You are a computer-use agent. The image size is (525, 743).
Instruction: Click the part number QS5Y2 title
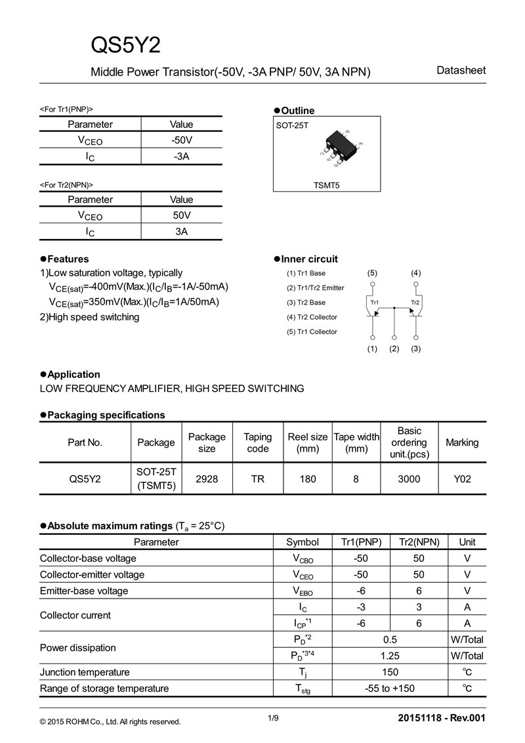point(125,45)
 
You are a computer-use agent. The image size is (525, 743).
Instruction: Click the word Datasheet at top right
point(461,70)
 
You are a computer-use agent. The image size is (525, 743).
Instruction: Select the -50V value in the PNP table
point(181,140)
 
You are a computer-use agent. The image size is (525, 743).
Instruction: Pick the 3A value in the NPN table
point(181,232)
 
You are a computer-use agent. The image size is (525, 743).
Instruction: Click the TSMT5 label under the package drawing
point(326,186)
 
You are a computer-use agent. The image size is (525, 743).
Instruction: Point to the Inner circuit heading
point(309,259)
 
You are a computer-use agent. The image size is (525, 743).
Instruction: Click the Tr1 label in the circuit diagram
point(375,302)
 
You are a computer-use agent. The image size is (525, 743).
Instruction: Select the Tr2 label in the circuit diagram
point(415,302)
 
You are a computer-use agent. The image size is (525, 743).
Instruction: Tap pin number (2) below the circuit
point(394,349)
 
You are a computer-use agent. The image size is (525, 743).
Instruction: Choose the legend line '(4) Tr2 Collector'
point(312,317)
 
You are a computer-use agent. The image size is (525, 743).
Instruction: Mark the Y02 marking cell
point(462,479)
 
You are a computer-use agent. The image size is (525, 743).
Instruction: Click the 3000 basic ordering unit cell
point(409,479)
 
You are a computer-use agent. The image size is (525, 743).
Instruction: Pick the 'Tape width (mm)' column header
point(356,442)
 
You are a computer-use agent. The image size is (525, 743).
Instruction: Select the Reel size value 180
point(307,479)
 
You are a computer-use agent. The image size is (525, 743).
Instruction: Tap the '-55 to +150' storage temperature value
point(390,689)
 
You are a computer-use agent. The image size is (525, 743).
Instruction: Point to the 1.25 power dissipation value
point(390,656)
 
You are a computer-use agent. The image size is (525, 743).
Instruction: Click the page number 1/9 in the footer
point(274,718)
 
